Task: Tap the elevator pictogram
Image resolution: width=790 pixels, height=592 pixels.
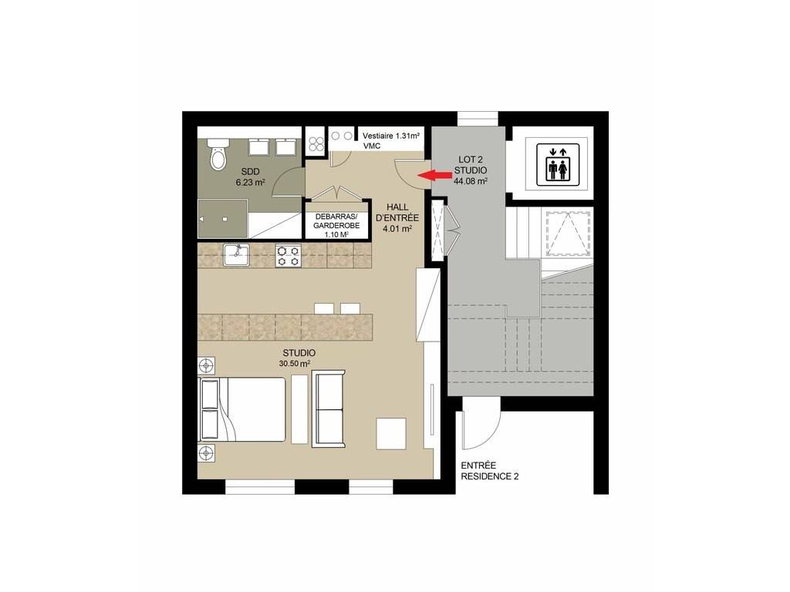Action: [558, 165]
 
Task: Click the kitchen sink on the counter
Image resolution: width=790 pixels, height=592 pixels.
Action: [236, 255]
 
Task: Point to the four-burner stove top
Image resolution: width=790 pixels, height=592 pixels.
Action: [289, 256]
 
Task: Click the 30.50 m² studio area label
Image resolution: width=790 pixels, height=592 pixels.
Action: [295, 364]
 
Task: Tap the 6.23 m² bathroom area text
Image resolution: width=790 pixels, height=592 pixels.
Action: [251, 183]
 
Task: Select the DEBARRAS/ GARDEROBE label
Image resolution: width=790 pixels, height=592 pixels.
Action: [336, 221]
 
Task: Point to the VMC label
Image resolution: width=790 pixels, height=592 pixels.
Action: [372, 146]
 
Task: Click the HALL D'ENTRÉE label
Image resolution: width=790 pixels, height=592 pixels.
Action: [397, 213]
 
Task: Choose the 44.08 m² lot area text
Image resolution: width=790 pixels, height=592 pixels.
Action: [471, 180]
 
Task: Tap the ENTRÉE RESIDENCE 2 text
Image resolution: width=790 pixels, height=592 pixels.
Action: [490, 471]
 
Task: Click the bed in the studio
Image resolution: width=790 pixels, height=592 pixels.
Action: [243, 410]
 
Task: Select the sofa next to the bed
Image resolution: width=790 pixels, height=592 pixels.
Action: [329, 409]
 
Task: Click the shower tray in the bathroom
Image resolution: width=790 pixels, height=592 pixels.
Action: [223, 218]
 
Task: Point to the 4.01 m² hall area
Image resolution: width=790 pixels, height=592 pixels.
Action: [398, 228]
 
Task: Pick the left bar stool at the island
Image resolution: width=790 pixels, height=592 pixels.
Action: [323, 308]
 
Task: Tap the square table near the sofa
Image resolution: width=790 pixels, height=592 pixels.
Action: [391, 433]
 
